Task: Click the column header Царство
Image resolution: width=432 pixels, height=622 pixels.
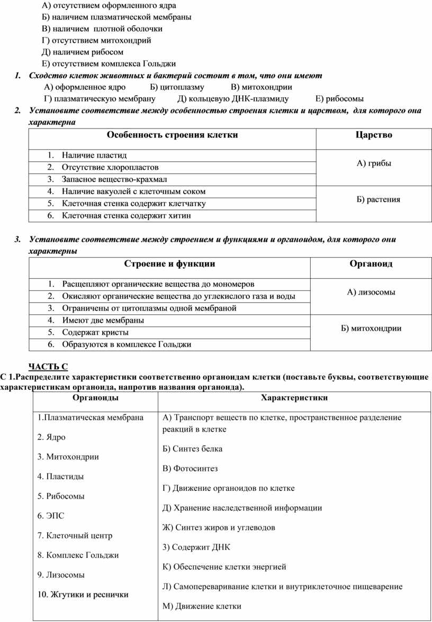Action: pyautogui.click(x=374, y=135)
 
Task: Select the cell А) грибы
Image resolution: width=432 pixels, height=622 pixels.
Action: pyautogui.click(x=374, y=163)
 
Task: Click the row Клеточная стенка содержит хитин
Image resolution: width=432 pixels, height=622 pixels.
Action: pyautogui.click(x=127, y=216)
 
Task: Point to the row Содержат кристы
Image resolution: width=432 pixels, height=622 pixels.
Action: pyautogui.click(x=95, y=333)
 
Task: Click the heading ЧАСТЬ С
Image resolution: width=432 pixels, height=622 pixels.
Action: pyautogui.click(x=48, y=366)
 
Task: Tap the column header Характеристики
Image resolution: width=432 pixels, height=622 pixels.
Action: pyautogui.click(x=294, y=398)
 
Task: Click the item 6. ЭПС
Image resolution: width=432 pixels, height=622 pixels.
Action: pyautogui.click(x=51, y=516)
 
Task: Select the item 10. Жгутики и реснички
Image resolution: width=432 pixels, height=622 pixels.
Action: pyautogui.click(x=83, y=594)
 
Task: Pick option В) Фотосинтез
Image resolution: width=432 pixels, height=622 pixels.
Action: pyautogui.click(x=190, y=469)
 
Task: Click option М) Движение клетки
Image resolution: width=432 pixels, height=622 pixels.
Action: pyautogui.click(x=202, y=606)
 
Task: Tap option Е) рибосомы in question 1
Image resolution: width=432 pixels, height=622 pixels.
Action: pyautogui.click(x=339, y=98)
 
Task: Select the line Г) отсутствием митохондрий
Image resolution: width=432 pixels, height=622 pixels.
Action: pyautogui.click(x=96, y=40)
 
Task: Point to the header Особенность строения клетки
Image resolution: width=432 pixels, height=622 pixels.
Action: pyautogui.click(x=172, y=135)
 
